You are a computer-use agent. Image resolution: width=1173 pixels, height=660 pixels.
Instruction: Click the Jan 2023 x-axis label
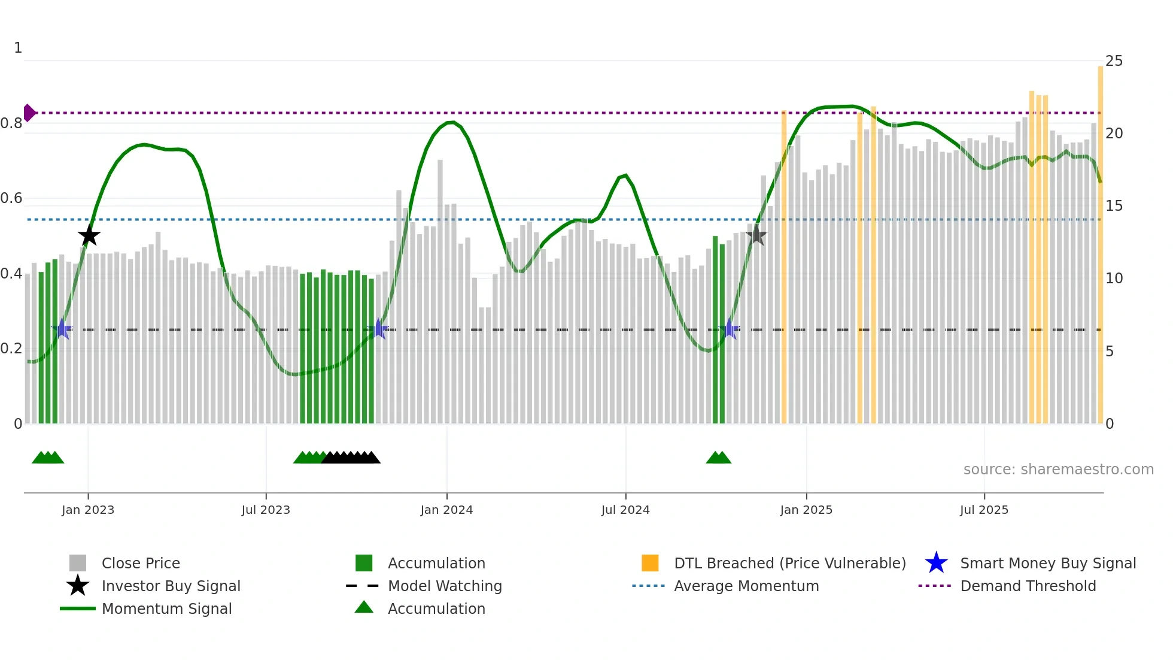click(x=88, y=510)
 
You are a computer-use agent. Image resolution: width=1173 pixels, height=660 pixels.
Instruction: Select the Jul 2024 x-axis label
click(x=625, y=510)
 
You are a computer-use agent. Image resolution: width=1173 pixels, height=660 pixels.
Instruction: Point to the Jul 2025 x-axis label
click(x=984, y=510)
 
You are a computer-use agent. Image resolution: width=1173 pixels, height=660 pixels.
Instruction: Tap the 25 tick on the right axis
click(x=1114, y=61)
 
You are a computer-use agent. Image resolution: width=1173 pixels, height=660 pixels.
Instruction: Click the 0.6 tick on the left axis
click(x=11, y=198)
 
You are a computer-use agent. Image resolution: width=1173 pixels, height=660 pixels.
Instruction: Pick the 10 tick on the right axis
click(x=1114, y=278)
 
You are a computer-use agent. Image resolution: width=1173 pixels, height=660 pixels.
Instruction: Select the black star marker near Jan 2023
click(x=89, y=235)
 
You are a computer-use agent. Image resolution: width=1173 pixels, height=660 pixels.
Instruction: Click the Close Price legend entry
click(x=141, y=563)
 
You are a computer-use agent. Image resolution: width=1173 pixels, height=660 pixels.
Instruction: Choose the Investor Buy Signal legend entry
click(x=171, y=586)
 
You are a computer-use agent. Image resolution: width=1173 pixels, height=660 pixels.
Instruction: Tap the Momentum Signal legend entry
click(x=166, y=608)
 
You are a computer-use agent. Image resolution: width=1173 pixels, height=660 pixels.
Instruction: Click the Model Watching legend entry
click(x=445, y=586)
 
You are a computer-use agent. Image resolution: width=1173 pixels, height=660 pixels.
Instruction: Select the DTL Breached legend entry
click(x=789, y=563)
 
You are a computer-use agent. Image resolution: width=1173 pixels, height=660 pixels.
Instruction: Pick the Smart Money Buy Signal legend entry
click(x=1047, y=563)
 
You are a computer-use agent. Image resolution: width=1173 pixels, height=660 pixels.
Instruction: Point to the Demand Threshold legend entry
click(x=1028, y=586)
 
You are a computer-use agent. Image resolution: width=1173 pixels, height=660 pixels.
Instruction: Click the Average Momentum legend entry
click(x=746, y=586)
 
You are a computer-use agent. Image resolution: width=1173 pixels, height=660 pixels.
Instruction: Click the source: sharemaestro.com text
click(x=1058, y=470)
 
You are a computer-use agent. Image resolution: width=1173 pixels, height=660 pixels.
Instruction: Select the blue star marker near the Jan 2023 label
click(x=62, y=329)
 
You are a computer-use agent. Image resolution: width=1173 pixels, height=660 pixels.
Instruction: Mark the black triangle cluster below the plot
click(x=351, y=458)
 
